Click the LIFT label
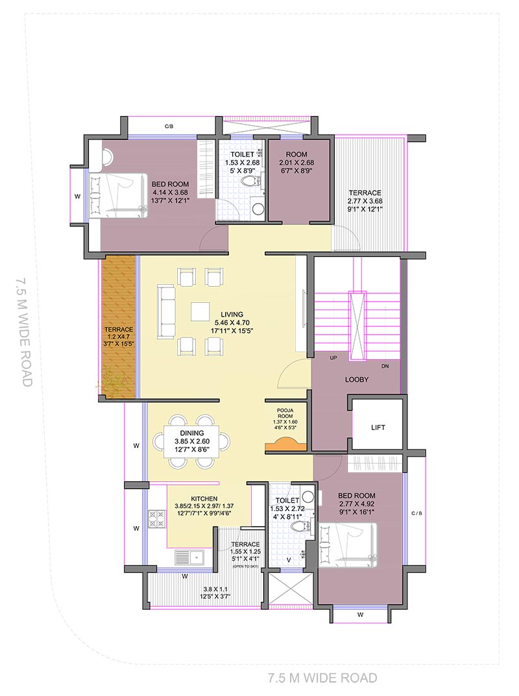coord(378,427)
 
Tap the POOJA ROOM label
coord(285,413)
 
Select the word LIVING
coord(232,314)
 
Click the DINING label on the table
coord(192,433)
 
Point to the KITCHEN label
coord(204,498)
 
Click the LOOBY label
coord(357,379)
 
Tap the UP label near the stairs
coord(333,358)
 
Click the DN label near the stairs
coord(385,366)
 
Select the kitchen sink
coord(189,557)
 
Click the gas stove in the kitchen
coord(157,519)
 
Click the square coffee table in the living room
coord(200,311)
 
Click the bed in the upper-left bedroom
coord(119,196)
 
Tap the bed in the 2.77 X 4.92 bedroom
coord(347,545)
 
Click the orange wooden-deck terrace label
coord(119,336)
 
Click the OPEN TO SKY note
coord(245,566)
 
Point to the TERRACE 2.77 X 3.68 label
coord(365,200)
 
